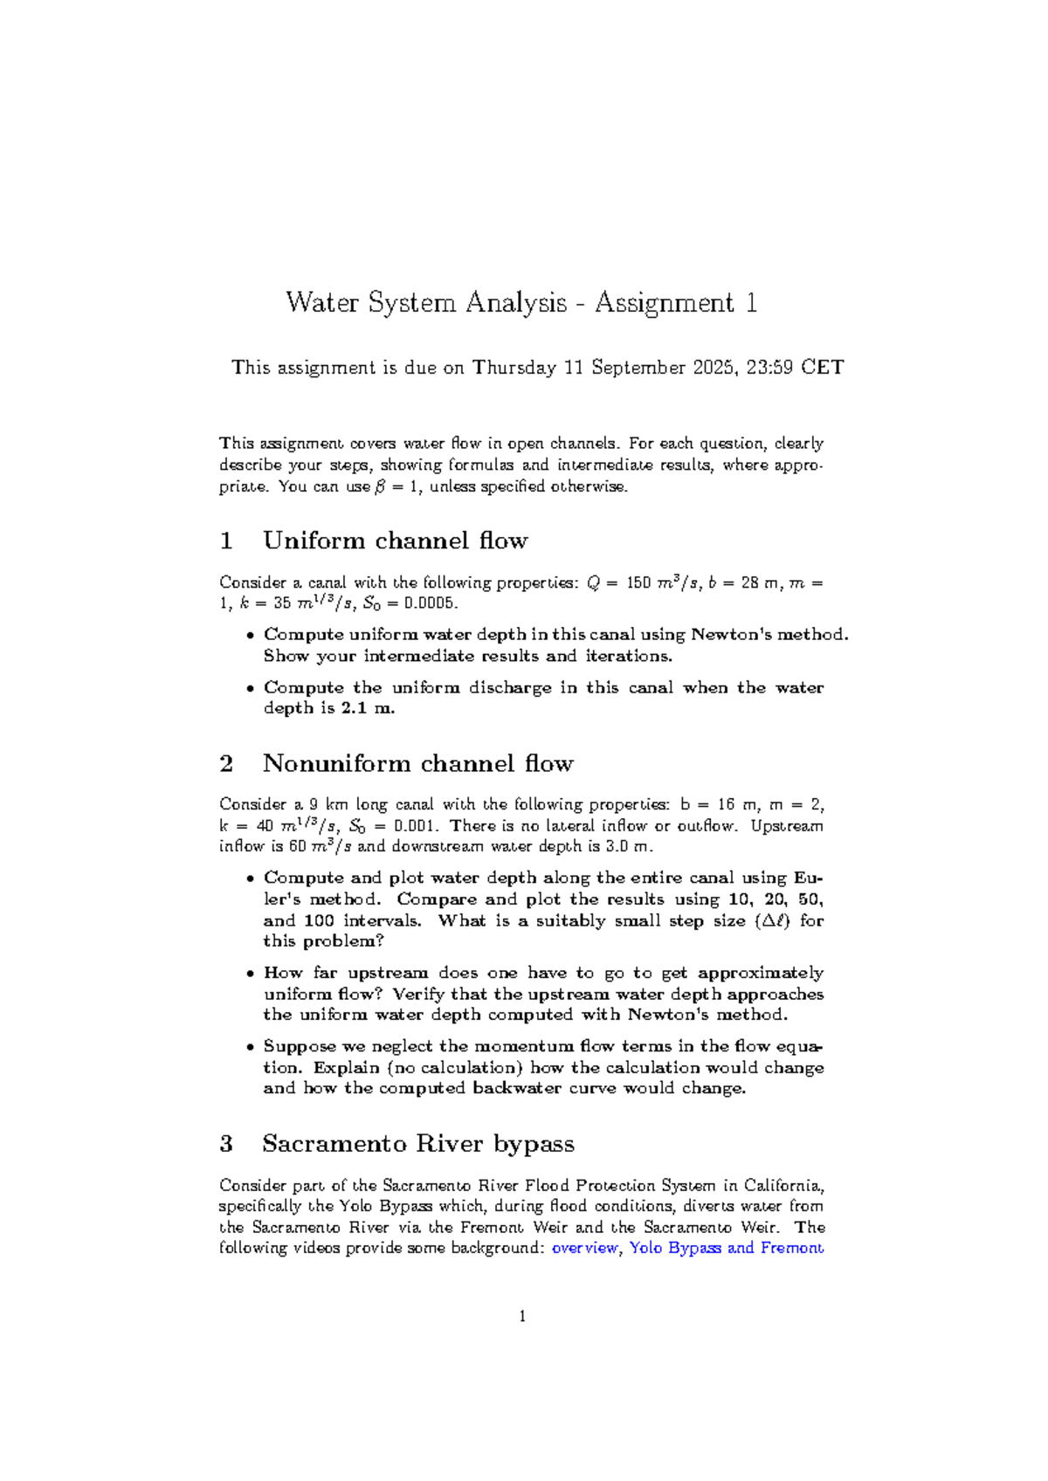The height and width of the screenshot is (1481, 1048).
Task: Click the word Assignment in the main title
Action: click(664, 303)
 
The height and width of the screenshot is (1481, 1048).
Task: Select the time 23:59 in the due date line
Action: click(769, 368)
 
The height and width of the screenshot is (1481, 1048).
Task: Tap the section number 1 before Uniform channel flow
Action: click(227, 541)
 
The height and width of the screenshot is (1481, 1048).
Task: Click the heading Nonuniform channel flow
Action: click(417, 764)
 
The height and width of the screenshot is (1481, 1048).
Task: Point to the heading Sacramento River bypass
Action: click(417, 1144)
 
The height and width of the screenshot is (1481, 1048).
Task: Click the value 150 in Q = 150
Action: click(639, 582)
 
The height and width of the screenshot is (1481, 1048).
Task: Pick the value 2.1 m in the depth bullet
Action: click(367, 708)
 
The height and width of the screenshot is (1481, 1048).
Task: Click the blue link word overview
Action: click(585, 1248)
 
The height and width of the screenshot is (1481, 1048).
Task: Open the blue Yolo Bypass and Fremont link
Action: click(727, 1248)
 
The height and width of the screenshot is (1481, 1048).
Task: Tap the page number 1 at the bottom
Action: click(522, 1317)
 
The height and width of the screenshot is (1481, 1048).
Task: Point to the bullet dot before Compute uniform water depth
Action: click(251, 636)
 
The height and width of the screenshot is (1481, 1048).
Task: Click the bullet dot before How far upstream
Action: click(251, 974)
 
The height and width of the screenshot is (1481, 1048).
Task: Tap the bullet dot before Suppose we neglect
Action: click(251, 1047)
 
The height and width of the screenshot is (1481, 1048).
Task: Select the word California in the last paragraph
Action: click(783, 1186)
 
